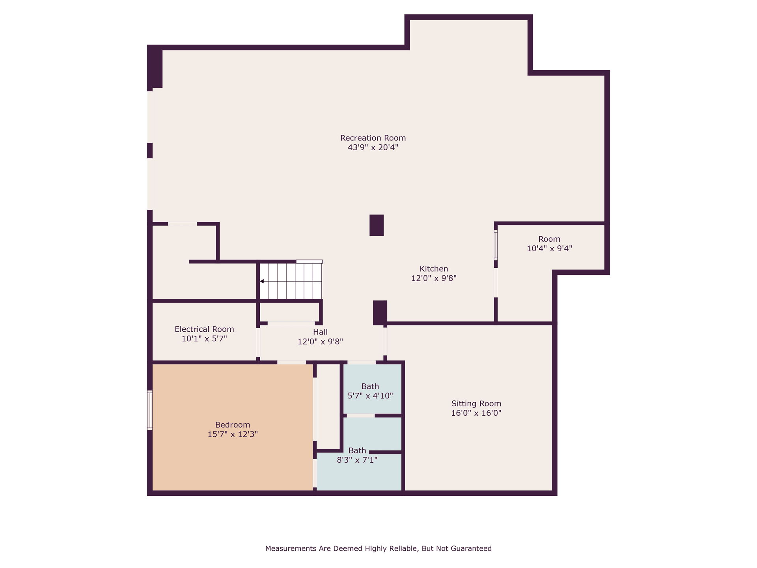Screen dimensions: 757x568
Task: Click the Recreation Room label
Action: pos(373,138)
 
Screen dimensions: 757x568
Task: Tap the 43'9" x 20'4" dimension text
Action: pos(373,148)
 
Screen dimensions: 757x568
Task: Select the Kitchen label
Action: pos(434,269)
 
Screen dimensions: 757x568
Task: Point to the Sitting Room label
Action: pos(476,404)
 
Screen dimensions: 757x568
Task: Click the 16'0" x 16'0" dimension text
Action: pos(476,413)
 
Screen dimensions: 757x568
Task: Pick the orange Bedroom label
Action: pos(233,425)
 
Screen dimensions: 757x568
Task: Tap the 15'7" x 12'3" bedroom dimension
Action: pos(233,434)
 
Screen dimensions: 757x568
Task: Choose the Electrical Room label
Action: pos(204,329)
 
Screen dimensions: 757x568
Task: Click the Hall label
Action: pos(320,332)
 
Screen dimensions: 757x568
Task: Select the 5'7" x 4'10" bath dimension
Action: pos(370,396)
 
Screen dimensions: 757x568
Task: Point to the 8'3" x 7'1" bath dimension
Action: pos(357,460)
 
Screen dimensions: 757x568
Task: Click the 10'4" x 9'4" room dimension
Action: pos(549,248)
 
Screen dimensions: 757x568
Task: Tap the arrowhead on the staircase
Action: pos(262,281)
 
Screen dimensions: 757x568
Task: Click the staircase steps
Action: pos(291,281)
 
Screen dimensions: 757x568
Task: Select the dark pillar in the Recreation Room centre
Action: pos(377,225)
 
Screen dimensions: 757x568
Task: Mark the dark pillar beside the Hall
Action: pos(380,313)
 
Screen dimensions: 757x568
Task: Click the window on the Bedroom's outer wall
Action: pos(150,410)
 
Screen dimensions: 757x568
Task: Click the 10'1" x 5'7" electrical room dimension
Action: pos(204,338)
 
